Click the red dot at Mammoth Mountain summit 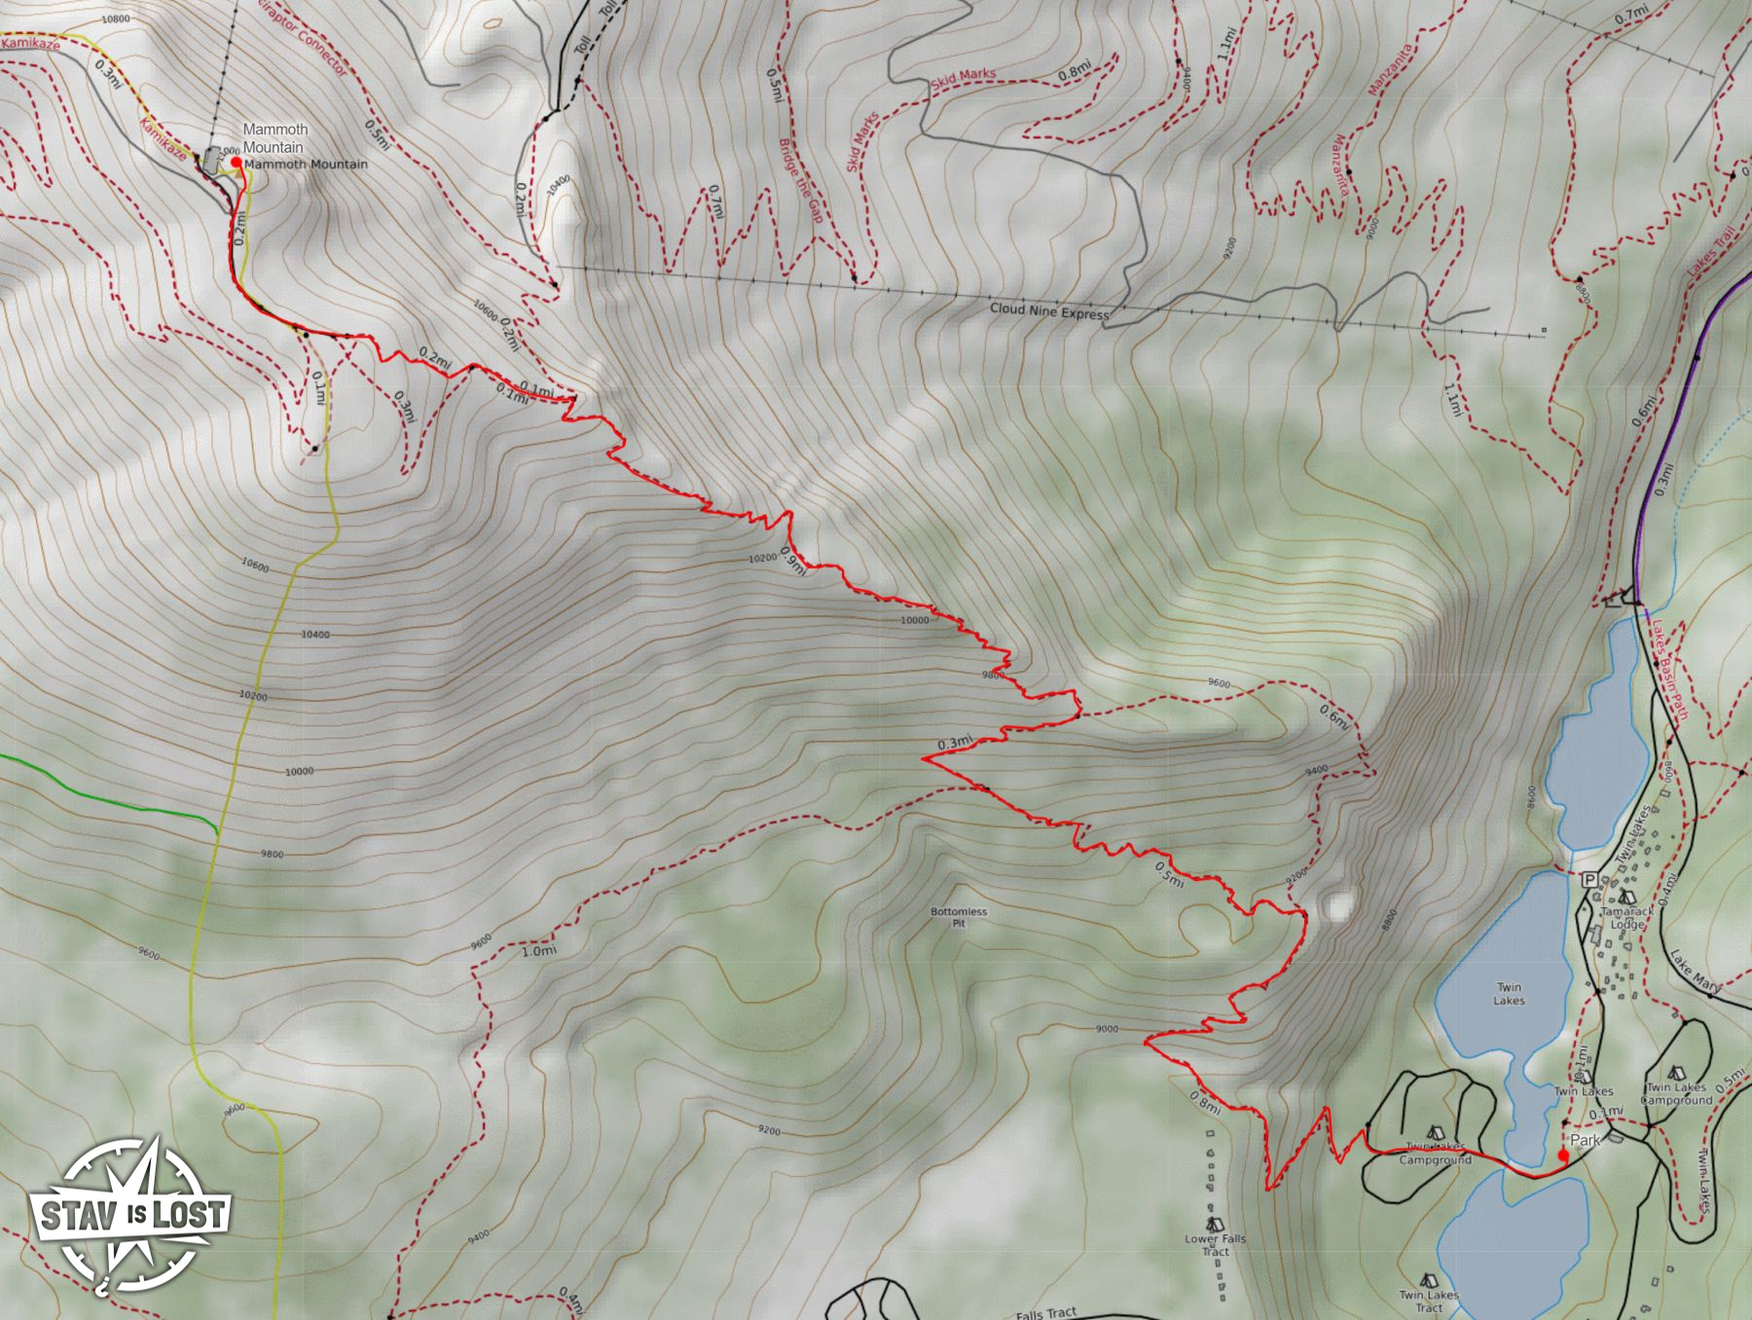[x=236, y=163]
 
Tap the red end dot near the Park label [x=1563, y=1155]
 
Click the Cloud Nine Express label [x=1049, y=312]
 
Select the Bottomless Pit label [x=959, y=917]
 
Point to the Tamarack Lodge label [x=1625, y=918]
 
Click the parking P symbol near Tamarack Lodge [x=1589, y=880]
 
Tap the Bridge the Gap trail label [x=800, y=181]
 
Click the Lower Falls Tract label [x=1215, y=1245]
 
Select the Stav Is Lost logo [x=130, y=1214]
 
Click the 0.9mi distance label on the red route [x=792, y=564]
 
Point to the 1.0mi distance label [x=539, y=951]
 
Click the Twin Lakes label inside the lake [x=1509, y=994]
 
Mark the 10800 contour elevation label [x=115, y=18]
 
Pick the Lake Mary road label [x=1695, y=969]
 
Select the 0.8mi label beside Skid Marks [x=1074, y=72]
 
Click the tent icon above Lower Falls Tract [x=1214, y=1224]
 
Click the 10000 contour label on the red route [x=914, y=620]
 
